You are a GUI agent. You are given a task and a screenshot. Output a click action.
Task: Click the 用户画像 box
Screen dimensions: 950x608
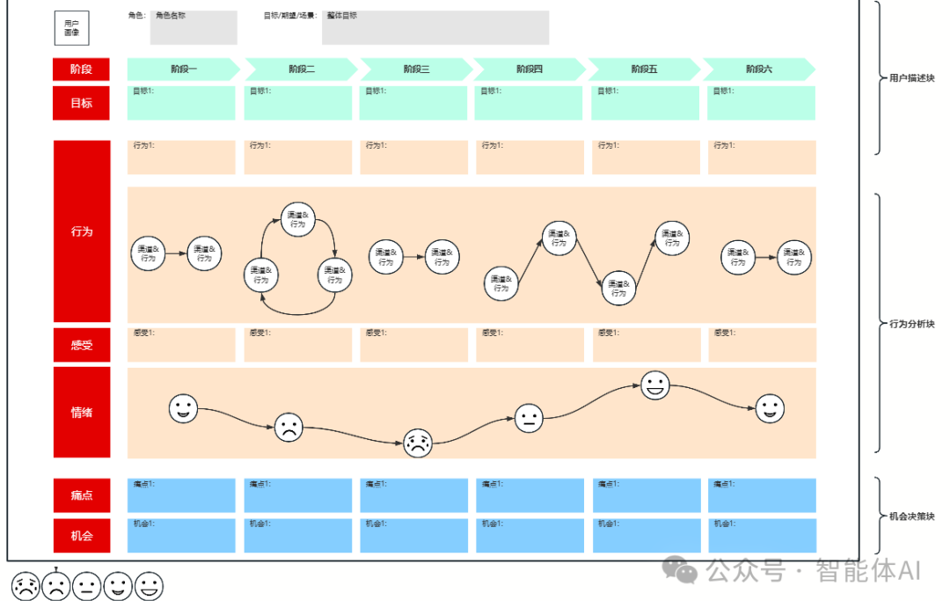pos(71,27)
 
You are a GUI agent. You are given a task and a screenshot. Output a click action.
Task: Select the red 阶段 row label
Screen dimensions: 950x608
pos(82,70)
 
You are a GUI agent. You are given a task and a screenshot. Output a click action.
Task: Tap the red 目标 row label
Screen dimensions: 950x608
pos(82,103)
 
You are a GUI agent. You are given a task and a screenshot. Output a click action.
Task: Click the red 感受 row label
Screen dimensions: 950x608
pos(82,345)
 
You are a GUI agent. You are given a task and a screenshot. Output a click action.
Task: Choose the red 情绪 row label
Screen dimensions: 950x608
pos(82,412)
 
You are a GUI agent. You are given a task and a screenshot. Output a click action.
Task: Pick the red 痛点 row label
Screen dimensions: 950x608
pos(82,495)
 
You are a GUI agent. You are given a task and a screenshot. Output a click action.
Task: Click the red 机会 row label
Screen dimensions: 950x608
pos(82,535)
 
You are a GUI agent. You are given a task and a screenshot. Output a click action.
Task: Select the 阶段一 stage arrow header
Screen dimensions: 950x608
pos(184,70)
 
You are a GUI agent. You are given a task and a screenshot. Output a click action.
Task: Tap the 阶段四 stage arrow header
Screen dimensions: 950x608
pos(530,70)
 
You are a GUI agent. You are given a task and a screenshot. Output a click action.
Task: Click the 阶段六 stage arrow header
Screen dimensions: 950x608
pos(759,70)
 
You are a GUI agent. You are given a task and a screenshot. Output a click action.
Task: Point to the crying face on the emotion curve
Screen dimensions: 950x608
pos(417,443)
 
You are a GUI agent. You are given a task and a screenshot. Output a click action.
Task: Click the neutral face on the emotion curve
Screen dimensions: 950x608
pos(529,418)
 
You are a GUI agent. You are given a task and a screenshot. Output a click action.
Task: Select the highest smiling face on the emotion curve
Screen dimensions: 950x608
pos(654,385)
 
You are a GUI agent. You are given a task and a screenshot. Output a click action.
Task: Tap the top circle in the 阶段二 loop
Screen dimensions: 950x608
pos(298,219)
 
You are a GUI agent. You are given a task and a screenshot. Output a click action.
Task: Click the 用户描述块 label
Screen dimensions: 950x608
pos(911,78)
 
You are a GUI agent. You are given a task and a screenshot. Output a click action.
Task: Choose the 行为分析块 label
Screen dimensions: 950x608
pos(911,324)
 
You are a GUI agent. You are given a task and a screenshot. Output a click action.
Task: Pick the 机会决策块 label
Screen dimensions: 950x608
pos(911,516)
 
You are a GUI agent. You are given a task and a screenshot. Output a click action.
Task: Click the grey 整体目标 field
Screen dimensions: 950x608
pos(435,28)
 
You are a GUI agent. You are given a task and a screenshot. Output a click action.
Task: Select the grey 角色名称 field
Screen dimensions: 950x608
pos(194,28)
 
